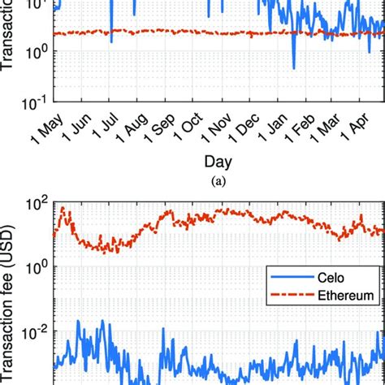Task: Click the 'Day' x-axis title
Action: (x=215, y=162)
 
